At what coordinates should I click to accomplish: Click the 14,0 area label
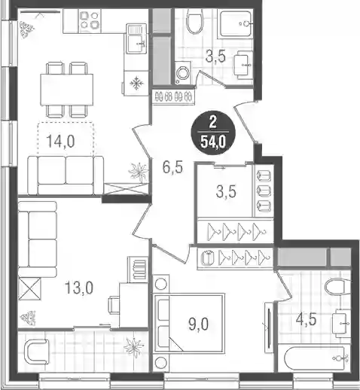click(61, 142)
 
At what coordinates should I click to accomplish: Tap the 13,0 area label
click(79, 288)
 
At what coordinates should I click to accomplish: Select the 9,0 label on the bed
click(198, 324)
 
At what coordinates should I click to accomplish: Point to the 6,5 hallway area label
click(172, 167)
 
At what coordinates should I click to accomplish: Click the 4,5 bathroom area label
click(306, 320)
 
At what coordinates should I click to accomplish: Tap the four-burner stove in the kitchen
click(90, 21)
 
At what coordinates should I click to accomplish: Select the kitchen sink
click(136, 38)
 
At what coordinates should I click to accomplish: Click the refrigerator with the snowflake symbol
click(136, 83)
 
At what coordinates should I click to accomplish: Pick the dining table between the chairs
click(67, 90)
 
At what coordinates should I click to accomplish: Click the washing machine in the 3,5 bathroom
click(183, 73)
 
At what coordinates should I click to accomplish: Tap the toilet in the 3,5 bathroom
click(194, 22)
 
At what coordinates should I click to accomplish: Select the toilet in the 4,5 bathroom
click(337, 287)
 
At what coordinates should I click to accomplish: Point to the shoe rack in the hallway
click(173, 96)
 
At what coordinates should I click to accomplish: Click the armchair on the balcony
click(36, 352)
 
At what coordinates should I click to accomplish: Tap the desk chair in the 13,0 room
click(114, 304)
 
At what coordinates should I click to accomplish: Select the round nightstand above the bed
click(160, 284)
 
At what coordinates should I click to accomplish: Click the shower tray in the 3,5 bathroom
click(236, 24)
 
